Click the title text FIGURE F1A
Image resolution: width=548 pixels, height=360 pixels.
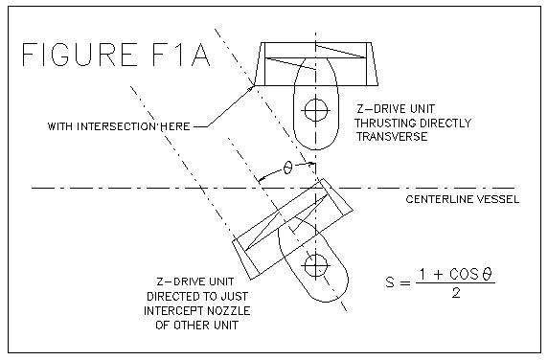[116, 55]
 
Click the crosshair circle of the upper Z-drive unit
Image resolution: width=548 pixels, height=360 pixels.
[315, 111]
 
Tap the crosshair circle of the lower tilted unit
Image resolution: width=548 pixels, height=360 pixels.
[315, 266]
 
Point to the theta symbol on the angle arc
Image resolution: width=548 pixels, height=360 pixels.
[287, 168]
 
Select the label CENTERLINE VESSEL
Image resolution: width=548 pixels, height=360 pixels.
[463, 199]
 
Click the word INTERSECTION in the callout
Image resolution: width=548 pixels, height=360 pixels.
[118, 126]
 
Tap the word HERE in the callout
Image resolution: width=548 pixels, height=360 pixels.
[175, 126]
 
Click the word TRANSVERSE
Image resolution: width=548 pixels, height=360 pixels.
[392, 137]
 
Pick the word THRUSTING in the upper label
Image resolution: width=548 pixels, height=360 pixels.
[384, 124]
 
